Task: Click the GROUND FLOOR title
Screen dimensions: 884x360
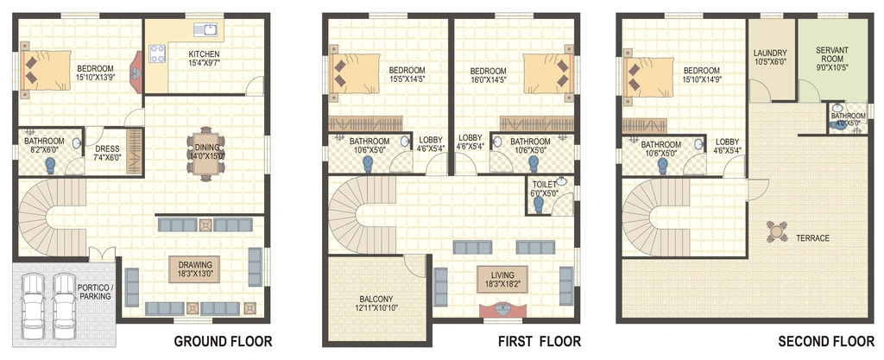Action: (223, 341)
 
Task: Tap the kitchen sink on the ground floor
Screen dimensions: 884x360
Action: (205, 29)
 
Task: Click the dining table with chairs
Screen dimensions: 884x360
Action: (205, 154)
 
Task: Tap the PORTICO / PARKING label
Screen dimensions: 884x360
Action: (95, 292)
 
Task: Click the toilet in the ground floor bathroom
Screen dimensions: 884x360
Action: (51, 165)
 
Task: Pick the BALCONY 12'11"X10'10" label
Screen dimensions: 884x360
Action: (375, 303)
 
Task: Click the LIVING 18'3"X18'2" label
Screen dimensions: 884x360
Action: (502, 280)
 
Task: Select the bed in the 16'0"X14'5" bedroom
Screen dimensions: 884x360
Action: (548, 73)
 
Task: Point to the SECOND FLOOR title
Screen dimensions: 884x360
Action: (826, 341)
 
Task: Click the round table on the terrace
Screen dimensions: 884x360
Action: (777, 231)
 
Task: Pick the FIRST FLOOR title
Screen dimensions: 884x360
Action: (539, 341)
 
